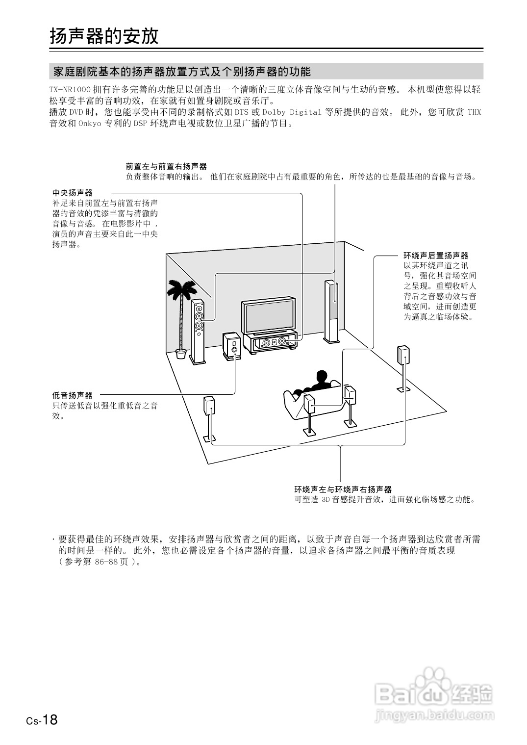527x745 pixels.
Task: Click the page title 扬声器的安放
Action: coord(104,36)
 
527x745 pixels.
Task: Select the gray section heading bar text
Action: coord(181,72)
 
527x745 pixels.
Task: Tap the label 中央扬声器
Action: coord(73,193)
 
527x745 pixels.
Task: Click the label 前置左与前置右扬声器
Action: coord(166,166)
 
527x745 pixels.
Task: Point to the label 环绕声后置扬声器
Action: coord(436,256)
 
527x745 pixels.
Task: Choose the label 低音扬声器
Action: coord(73,395)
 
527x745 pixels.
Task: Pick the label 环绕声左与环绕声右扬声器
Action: coord(343,489)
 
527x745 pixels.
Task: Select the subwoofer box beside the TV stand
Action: coord(231,346)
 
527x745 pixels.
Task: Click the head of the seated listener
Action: coord(322,378)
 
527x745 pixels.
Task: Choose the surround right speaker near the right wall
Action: coord(403,356)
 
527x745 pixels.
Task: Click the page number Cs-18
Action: coord(42,720)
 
